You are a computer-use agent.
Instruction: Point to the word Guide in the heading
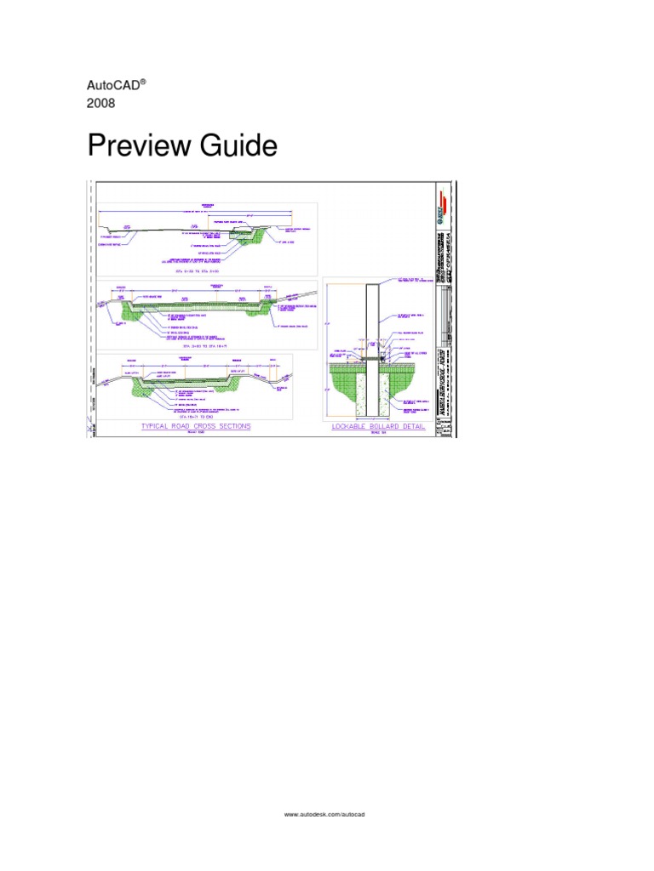[x=239, y=147]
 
